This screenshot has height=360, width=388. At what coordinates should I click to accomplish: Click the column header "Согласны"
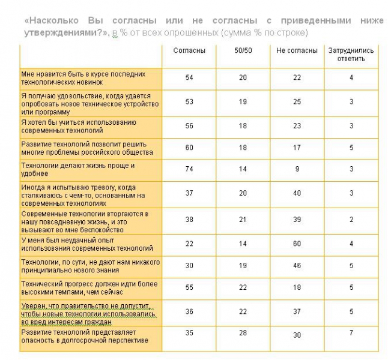[189, 51]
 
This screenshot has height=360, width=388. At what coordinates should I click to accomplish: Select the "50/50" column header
[243, 51]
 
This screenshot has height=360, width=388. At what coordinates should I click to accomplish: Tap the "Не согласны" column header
[297, 51]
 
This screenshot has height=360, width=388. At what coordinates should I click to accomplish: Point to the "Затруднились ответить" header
[351, 55]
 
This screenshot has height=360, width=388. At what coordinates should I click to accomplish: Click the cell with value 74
[189, 170]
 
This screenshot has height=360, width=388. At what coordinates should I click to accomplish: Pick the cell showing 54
[189, 78]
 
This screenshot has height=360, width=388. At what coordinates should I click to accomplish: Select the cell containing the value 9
[297, 170]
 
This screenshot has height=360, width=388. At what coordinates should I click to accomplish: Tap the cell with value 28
[243, 333]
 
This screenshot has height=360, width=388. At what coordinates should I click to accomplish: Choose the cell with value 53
[189, 102]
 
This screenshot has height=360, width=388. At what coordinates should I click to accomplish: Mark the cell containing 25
[297, 102]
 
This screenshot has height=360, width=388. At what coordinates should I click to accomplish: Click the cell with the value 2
[351, 220]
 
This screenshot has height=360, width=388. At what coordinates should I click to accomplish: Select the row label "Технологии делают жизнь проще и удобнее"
[78, 169]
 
